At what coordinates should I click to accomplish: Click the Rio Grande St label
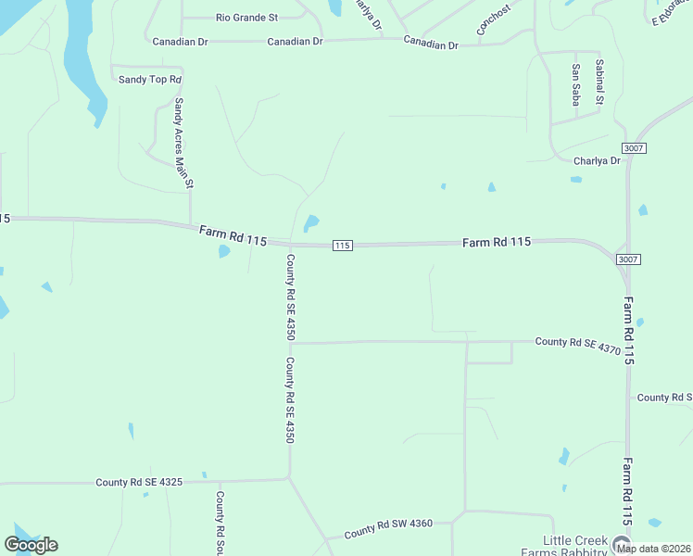coord(246,18)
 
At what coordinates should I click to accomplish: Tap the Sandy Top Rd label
coord(149,80)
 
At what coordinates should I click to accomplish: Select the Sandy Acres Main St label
coord(183,144)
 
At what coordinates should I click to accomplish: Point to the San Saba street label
coord(575,84)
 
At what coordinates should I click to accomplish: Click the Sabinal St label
coord(599,82)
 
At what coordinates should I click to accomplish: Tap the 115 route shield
coord(342,246)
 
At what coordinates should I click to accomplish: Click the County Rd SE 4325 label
coord(138,483)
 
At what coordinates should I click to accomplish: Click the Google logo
coord(31,545)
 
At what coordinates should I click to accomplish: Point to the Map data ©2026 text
coord(653,549)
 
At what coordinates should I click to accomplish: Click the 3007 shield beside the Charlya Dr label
coord(634,148)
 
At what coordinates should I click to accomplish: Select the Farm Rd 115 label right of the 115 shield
coord(497,242)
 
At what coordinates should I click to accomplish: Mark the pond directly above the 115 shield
coord(311,223)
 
